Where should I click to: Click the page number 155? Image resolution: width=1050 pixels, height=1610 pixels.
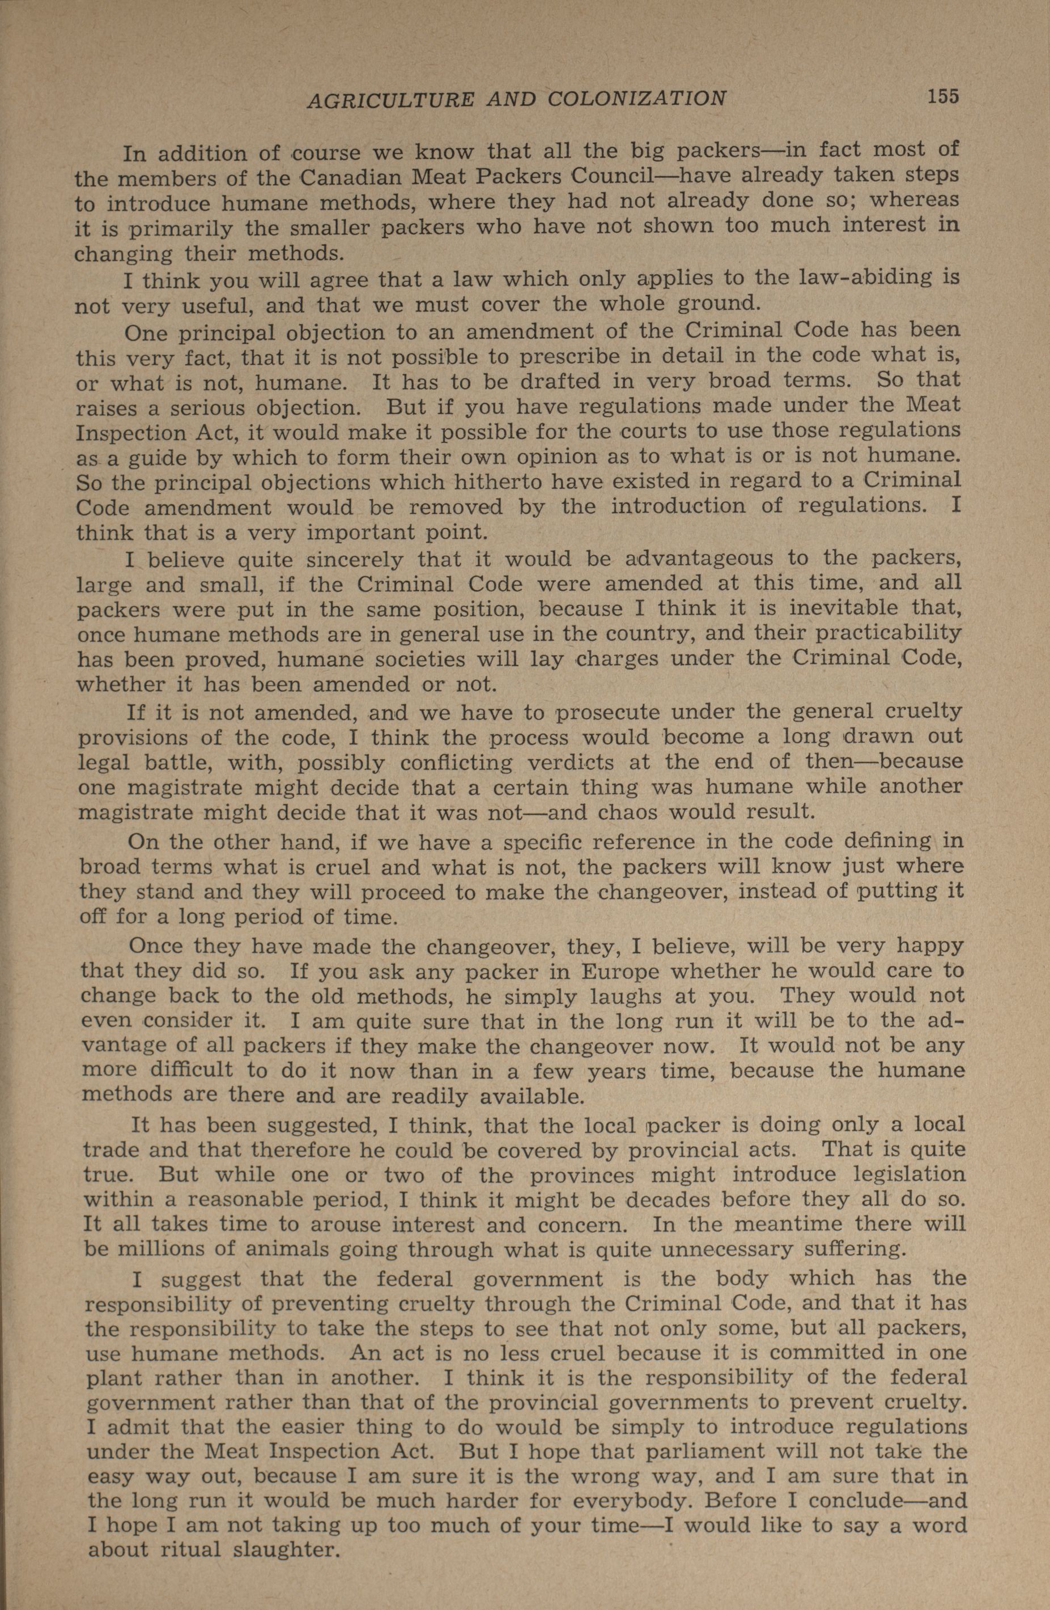[942, 97]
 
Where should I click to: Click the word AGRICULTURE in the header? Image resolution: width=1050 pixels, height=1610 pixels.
[390, 100]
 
